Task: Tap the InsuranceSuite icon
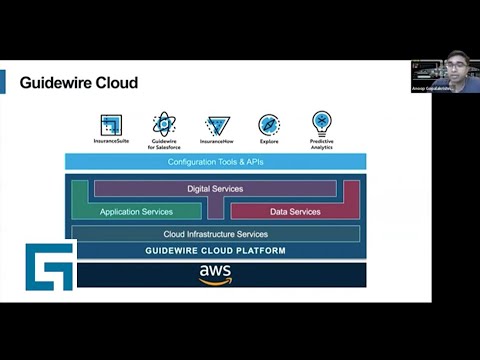coord(111,125)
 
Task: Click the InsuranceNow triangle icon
coord(217,125)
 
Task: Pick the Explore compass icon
coord(269,125)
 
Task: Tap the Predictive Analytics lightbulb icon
coord(322,123)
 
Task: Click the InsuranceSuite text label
coord(111,142)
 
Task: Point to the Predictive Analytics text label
coord(322,145)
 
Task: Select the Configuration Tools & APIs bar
coord(215,161)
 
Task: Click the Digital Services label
coord(215,188)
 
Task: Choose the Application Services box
coord(136,211)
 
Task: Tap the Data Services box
coord(295,211)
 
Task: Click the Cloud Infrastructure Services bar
coord(215,233)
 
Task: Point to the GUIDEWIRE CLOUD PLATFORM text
coord(215,250)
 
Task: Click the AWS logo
coord(215,274)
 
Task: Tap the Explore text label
coord(269,142)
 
